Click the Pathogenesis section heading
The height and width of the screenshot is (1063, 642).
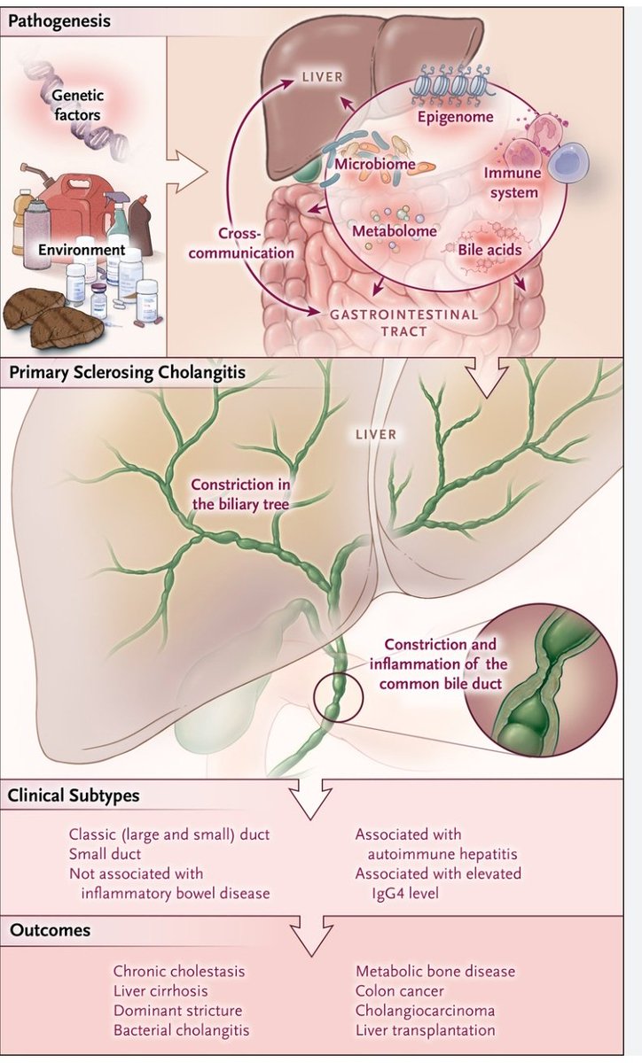click(60, 19)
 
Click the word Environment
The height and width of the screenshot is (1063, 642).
click(82, 250)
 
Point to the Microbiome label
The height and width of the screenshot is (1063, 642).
click(370, 163)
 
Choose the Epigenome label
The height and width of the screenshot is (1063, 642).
click(456, 116)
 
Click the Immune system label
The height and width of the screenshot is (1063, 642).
click(511, 182)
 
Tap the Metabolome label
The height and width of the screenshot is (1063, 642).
click(395, 231)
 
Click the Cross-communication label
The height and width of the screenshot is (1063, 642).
click(256, 243)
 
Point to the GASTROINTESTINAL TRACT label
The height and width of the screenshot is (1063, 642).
click(403, 322)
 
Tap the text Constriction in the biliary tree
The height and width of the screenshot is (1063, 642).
click(240, 493)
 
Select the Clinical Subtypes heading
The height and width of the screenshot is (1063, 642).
click(74, 795)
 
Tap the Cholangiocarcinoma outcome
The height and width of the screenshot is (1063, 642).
click(425, 1010)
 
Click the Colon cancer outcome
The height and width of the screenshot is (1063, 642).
click(400, 990)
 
